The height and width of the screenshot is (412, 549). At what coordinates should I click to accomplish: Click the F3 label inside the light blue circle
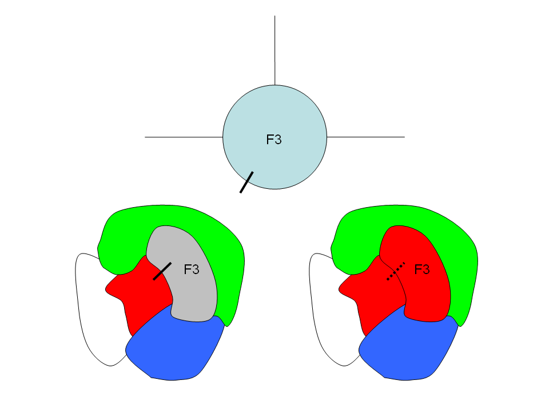pos(274,139)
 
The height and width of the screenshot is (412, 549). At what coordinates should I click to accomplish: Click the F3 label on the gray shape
pos(192,269)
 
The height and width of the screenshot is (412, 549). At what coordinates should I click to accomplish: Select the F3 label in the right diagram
pos(421,269)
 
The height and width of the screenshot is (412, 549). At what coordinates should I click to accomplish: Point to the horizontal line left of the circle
pos(183,137)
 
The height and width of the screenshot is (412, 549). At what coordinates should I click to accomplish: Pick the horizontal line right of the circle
pos(365,137)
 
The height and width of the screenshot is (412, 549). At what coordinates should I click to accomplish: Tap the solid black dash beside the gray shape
pos(162,271)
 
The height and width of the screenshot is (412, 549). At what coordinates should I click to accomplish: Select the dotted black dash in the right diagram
pos(396,271)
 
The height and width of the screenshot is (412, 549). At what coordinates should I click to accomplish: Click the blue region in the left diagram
pos(172,349)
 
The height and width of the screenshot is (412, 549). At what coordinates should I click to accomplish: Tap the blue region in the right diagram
pos(406,349)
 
